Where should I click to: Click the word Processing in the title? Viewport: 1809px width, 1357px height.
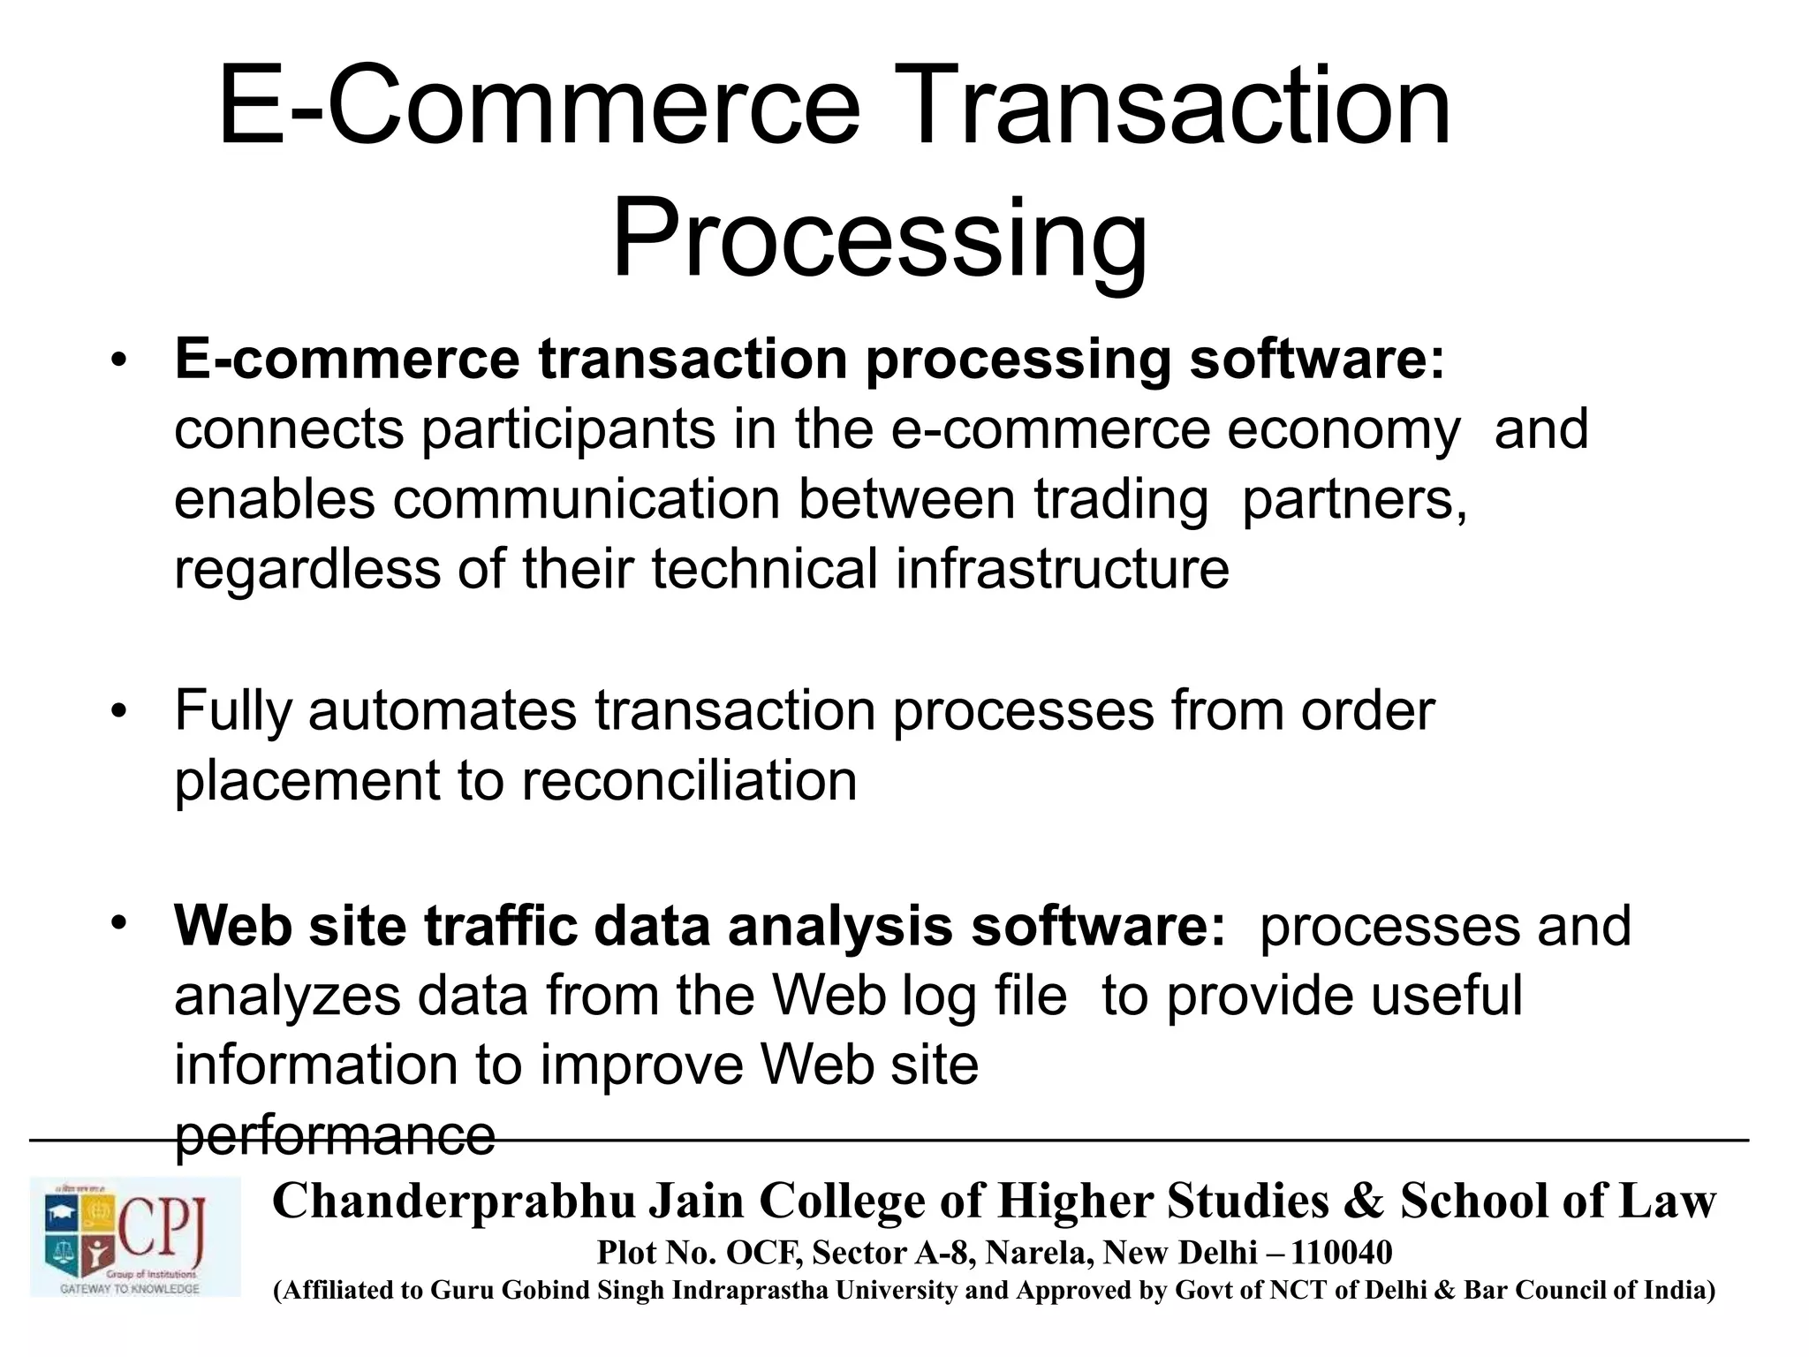879,239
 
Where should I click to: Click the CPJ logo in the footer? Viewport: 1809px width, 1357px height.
135,1236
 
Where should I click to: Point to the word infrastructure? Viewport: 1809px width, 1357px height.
1062,568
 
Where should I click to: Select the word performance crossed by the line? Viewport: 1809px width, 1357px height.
335,1135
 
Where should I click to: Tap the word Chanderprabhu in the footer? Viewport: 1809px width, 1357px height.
454,1201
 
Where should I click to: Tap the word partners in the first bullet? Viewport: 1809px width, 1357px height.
1353,500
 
